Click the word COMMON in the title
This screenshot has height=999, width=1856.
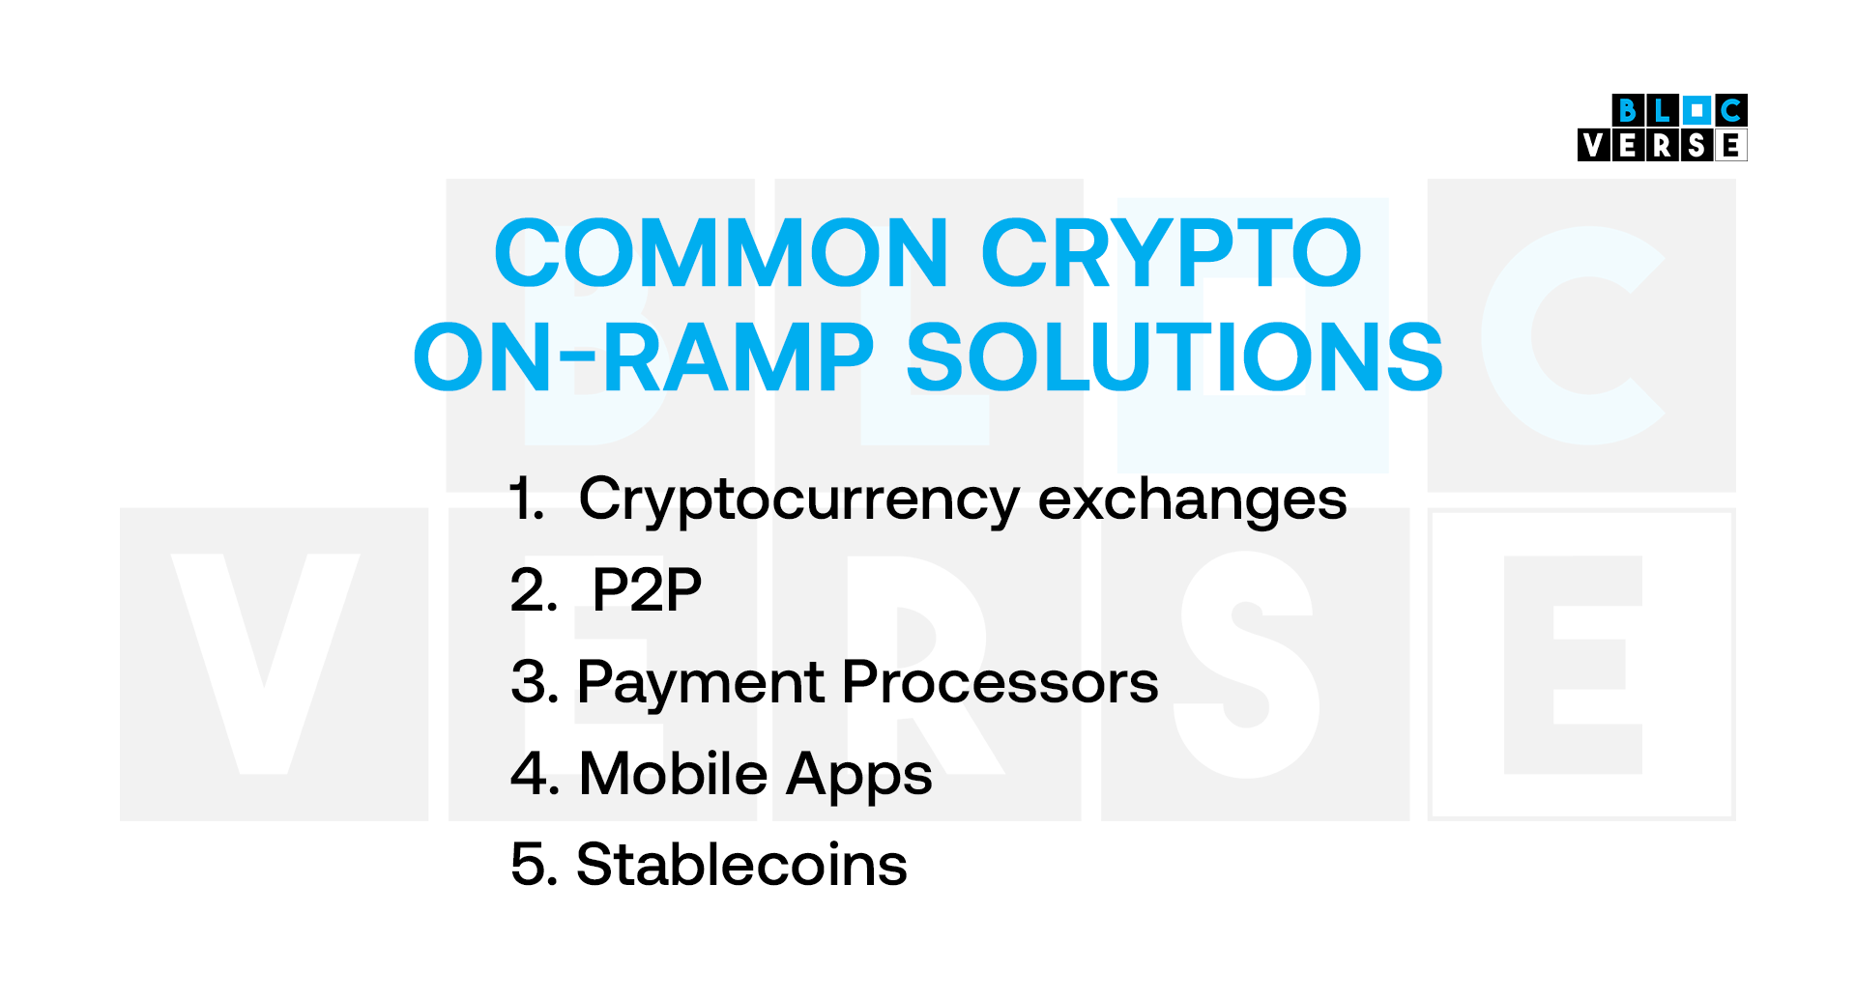[720, 253]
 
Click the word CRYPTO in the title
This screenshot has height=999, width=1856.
[1171, 253]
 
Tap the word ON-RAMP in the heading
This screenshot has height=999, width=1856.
[643, 357]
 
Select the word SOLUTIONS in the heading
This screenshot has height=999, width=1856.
[1174, 357]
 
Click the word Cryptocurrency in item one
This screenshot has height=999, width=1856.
[798, 500]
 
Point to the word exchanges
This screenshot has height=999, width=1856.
[1192, 500]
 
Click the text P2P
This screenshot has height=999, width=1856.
[647, 590]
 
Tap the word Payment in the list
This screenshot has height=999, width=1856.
[702, 682]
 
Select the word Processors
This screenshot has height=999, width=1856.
[1000, 682]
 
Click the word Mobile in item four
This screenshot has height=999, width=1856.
[673, 774]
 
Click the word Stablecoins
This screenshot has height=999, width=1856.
[741, 865]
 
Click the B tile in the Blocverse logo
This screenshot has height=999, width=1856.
[1628, 110]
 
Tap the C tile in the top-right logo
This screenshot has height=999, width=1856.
[1731, 110]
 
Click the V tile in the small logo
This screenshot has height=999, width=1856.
[1594, 146]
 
